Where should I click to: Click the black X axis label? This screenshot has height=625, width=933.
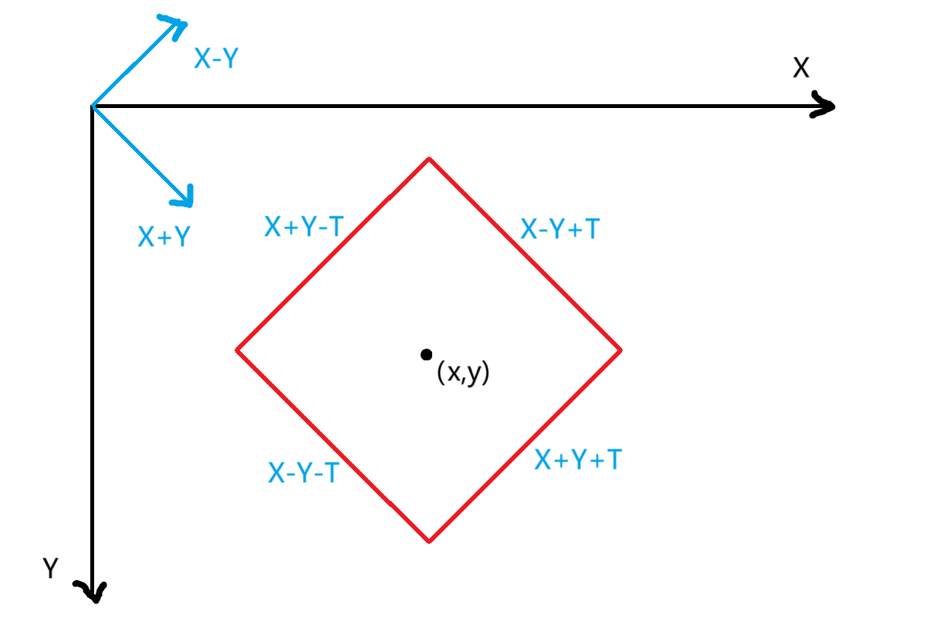point(801,69)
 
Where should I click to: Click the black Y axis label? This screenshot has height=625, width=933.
point(51,569)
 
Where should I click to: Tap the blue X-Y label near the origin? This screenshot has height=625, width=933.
point(215,59)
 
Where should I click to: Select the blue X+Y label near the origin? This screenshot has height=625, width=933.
point(164,237)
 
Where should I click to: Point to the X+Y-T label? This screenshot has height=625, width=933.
point(303,227)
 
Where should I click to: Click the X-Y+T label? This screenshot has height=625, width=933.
point(559,228)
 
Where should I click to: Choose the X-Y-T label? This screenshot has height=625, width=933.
point(303,472)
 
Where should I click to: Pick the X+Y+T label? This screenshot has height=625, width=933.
point(578,460)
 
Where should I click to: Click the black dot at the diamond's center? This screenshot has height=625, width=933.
point(426,354)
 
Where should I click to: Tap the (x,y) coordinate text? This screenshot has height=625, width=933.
point(463,373)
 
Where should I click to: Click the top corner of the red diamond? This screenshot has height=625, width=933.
point(429,159)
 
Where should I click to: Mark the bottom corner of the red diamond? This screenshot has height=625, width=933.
point(429,540)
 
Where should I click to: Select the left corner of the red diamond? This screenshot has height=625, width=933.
point(237,350)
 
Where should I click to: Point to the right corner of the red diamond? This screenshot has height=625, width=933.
point(620,350)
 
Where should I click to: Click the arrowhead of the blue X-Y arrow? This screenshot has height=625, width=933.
point(178,25)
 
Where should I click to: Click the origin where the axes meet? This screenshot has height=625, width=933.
point(93,106)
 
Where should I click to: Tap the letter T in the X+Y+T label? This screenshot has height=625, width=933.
point(613,460)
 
